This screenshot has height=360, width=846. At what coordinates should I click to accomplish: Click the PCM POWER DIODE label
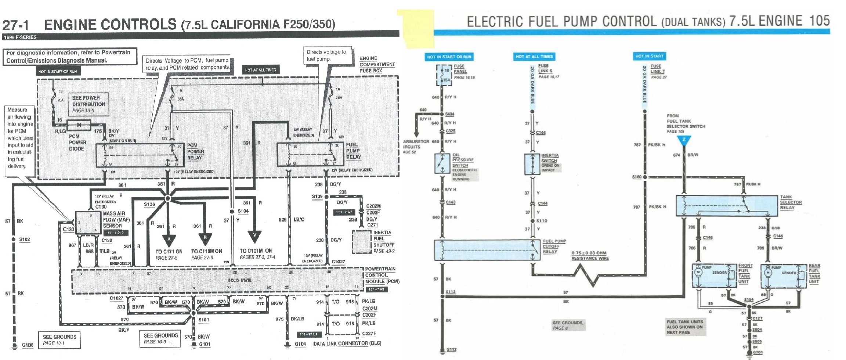pyautogui.click(x=77, y=143)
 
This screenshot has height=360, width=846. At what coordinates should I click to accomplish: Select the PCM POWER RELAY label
pyautogui.click(x=195, y=152)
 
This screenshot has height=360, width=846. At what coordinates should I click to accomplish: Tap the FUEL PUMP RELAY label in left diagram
pyautogui.click(x=353, y=151)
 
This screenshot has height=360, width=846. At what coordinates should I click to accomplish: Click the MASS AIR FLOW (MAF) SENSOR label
pyautogui.click(x=116, y=220)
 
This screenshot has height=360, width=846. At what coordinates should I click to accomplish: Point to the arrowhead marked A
pyautogui.click(x=169, y=239)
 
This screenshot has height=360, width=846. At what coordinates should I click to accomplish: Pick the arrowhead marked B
pyautogui.click(x=205, y=238)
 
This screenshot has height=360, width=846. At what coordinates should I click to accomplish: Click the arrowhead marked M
pyautogui.click(x=254, y=235)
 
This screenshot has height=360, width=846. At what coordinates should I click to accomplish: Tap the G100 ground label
pyautogui.click(x=28, y=345)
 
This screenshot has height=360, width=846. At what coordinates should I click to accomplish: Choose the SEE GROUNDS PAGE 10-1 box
pyautogui.click(x=59, y=340)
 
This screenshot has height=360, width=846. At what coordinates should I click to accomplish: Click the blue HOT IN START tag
pyautogui.click(x=649, y=56)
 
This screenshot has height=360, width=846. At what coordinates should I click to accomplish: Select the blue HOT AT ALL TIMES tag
pyautogui.click(x=534, y=57)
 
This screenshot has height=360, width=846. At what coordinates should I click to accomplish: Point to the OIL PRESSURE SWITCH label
pyautogui.click(x=462, y=160)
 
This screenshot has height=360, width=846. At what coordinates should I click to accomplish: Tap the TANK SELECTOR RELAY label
pyautogui.click(x=791, y=202)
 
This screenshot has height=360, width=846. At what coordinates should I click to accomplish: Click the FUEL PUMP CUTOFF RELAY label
pyautogui.click(x=554, y=246)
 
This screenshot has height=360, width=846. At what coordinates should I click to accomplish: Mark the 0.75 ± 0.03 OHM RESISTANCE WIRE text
pyautogui.click(x=590, y=256)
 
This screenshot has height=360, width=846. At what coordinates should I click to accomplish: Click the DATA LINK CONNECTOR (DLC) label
pyautogui.click(x=347, y=343)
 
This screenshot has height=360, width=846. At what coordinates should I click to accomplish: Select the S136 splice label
pyautogui.click(x=149, y=204)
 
